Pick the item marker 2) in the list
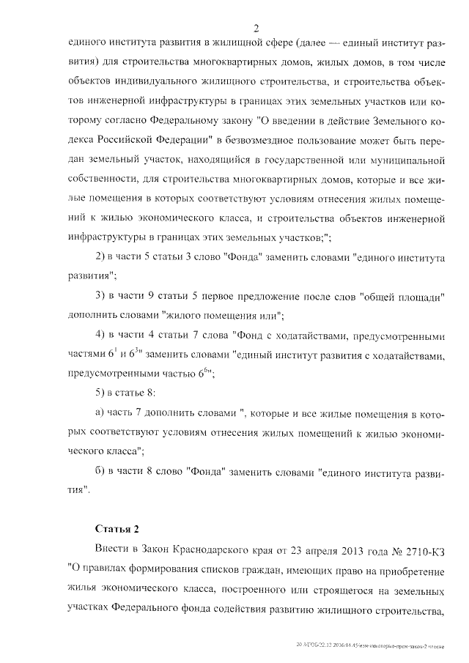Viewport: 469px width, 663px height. click(103, 259)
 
